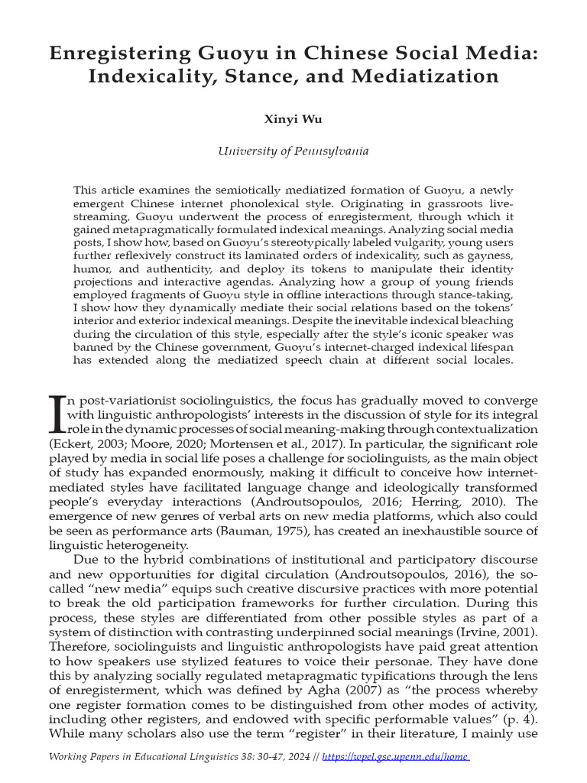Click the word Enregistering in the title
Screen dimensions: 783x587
tap(120, 54)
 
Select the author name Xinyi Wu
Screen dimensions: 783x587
tap(293, 120)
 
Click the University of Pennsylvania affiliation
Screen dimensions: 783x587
tap(293, 151)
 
